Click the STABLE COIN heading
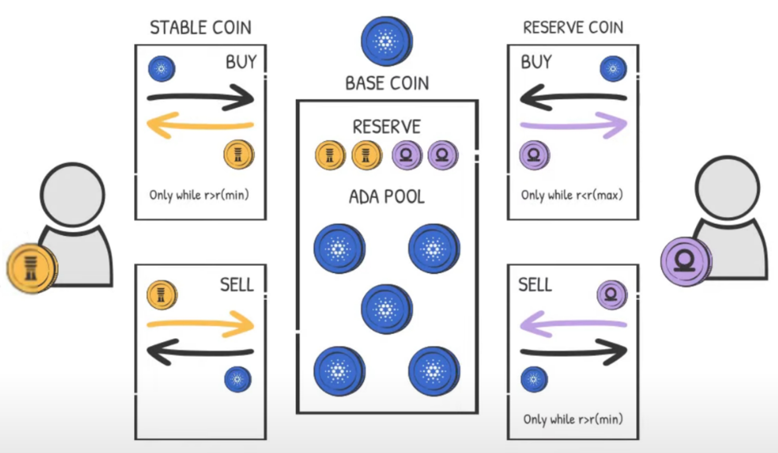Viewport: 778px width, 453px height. pyautogui.click(x=201, y=28)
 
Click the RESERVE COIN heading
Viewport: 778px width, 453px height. pyautogui.click(x=573, y=28)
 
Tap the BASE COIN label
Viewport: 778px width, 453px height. pyautogui.click(x=387, y=83)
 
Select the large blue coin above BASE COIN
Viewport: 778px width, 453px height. pyautogui.click(x=386, y=41)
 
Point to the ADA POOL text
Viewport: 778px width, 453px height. pyautogui.click(x=387, y=197)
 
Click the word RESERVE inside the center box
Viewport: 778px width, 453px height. pyautogui.click(x=387, y=127)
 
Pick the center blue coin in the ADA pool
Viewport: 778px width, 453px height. pyautogui.click(x=387, y=310)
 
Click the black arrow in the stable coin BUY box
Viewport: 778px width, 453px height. pyautogui.click(x=201, y=98)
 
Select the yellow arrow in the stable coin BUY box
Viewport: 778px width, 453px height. pyautogui.click(x=200, y=125)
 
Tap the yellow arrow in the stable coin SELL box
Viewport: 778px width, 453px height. pyautogui.click(x=201, y=324)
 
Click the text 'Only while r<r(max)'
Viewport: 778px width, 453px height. pyautogui.click(x=572, y=195)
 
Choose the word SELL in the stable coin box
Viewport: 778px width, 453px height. pyautogui.click(x=237, y=285)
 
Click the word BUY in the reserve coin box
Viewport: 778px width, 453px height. pyautogui.click(x=536, y=62)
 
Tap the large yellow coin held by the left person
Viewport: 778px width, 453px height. pyautogui.click(x=32, y=268)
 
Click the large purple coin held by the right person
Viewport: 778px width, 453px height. pyautogui.click(x=686, y=262)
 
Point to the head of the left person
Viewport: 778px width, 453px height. pyautogui.click(x=72, y=195)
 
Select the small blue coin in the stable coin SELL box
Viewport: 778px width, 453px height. pyautogui.click(x=238, y=379)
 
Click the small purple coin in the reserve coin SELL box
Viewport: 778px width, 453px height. pyautogui.click(x=612, y=294)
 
